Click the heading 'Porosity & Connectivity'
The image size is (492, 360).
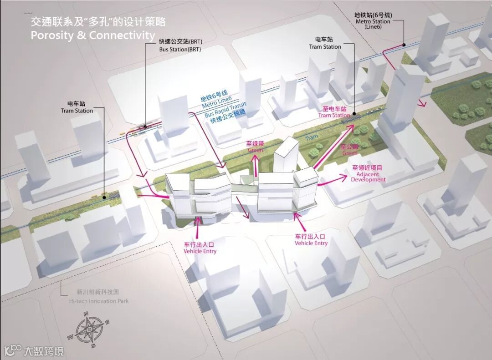pos(93,35)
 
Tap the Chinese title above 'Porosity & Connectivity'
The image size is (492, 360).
pos(98,21)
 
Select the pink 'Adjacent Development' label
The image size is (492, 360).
pos(368,177)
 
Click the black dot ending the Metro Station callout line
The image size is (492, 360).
pos(404,45)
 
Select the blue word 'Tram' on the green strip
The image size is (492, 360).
pos(312,137)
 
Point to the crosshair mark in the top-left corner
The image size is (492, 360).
pos(29,13)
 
